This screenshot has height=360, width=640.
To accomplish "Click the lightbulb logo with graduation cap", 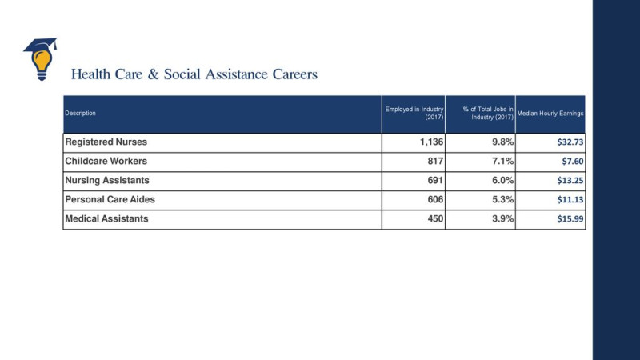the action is [x=40, y=59].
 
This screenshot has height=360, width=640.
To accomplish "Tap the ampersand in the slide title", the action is [x=154, y=74].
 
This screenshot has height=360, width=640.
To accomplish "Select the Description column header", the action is [x=81, y=113].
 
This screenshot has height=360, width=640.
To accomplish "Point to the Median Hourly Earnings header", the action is [x=550, y=113].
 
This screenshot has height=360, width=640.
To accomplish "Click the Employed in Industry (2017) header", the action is [x=414, y=113].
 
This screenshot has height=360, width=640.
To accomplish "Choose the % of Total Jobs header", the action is [x=488, y=113].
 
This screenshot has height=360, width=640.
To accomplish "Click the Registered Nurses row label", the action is [x=106, y=142].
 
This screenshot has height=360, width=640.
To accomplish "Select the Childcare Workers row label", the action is [x=106, y=162].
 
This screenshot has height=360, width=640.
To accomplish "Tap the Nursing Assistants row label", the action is [x=107, y=181].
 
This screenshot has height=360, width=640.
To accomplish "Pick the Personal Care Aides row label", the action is [x=110, y=199].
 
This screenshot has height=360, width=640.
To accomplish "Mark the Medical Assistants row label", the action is [x=107, y=218].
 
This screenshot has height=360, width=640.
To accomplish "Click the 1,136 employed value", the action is [x=431, y=142].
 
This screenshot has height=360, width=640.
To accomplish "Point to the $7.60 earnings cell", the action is [x=573, y=162].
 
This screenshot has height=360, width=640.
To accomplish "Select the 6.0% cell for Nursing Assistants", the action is [x=503, y=181].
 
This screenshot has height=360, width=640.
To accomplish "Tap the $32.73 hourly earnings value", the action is [x=570, y=142].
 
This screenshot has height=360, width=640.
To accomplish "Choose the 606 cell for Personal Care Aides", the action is [x=435, y=199].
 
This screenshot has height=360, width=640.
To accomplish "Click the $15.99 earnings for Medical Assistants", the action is [x=570, y=218].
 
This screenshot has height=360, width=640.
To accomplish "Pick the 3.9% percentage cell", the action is [x=503, y=218].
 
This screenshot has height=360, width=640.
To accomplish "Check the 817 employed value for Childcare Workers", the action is [x=435, y=162].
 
